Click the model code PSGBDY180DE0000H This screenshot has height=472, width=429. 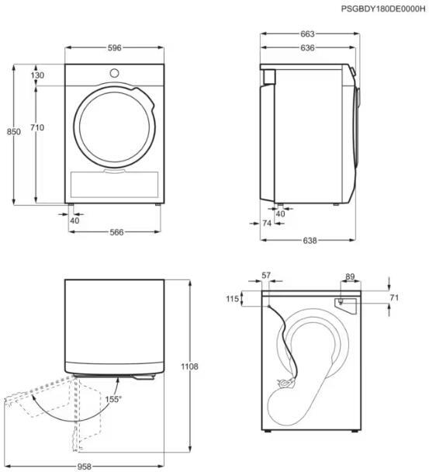pos(383,9)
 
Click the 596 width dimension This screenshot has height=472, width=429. pos(114,47)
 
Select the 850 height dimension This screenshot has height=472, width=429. pos(14,131)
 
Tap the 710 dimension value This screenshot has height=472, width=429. pos(37,127)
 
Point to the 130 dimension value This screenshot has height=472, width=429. pos(37,75)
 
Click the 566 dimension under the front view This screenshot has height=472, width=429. pos(116,232)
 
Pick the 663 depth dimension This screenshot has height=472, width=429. pos(307,34)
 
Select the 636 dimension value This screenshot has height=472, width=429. pos(307,47)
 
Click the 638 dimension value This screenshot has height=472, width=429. pos(310,240)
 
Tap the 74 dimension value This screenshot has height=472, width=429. pos(267,223)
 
